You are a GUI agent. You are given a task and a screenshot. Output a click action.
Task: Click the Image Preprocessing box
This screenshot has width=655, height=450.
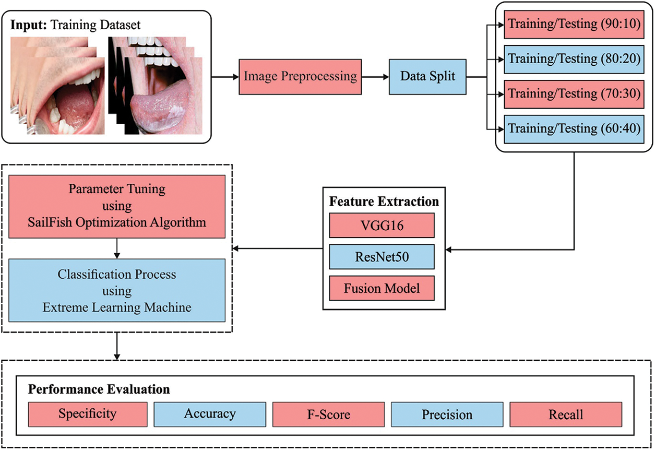(300, 76)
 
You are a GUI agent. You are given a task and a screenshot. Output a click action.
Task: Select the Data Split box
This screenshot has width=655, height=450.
(427, 76)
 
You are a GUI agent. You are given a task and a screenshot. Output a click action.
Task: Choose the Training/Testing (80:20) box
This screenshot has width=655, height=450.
(574, 58)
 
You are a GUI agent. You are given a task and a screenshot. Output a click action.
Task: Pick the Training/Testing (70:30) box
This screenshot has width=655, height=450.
(574, 93)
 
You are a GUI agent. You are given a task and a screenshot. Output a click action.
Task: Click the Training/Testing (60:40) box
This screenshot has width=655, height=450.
(574, 128)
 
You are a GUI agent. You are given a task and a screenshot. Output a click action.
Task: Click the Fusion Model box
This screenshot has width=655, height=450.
(382, 288)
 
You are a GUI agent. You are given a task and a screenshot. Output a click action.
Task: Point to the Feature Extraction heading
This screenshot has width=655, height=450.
(384, 202)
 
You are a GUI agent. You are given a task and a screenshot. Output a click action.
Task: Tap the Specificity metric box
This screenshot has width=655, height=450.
(87, 415)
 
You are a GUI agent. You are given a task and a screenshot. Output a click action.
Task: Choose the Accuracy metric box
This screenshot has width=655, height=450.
(210, 415)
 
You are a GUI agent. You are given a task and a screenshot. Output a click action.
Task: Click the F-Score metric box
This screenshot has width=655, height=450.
(328, 415)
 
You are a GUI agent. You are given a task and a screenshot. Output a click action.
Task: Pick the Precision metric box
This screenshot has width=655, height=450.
(447, 415)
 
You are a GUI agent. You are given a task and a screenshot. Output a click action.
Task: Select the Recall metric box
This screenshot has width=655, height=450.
(566, 415)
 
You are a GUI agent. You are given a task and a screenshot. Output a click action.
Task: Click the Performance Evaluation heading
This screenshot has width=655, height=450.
(99, 389)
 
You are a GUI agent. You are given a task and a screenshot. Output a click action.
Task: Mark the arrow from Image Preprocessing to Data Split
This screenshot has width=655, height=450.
(375, 76)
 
